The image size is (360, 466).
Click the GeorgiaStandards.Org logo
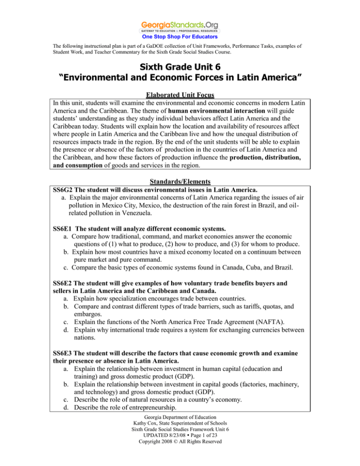tap(180, 26)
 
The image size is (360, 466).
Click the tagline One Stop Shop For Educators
tap(180, 37)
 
